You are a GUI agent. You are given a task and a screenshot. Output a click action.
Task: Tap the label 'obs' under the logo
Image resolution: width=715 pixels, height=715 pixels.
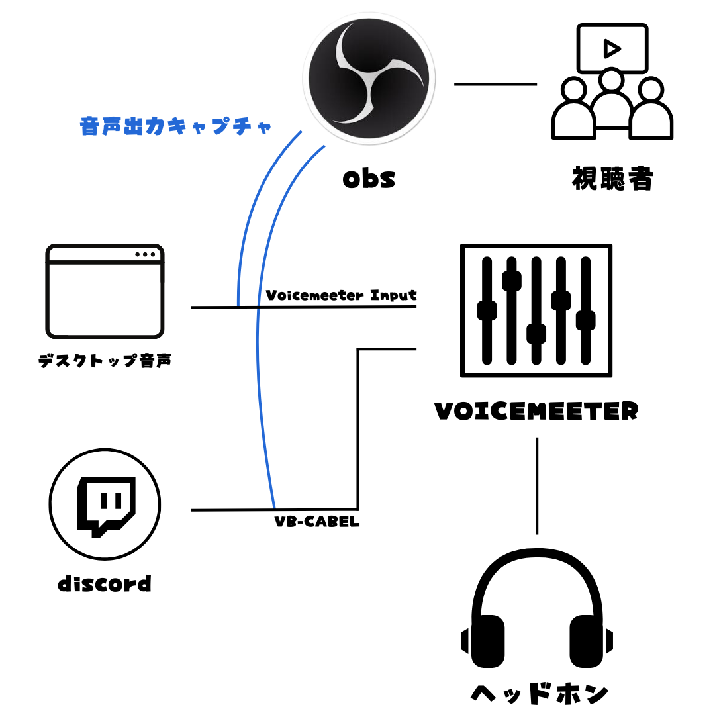[369, 179]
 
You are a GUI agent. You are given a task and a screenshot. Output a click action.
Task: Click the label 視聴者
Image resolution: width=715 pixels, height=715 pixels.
[612, 179]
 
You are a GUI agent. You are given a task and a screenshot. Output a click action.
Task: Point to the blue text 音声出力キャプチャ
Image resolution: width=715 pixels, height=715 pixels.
[175, 126]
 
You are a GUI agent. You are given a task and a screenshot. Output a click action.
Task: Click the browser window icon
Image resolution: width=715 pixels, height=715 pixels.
[105, 291]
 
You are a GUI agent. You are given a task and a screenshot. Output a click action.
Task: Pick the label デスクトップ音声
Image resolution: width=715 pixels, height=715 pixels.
[105, 361]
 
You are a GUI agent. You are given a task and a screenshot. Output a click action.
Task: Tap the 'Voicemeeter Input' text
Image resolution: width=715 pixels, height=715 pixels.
[341, 295]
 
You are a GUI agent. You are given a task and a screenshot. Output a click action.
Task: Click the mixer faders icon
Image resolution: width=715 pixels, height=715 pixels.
[536, 310]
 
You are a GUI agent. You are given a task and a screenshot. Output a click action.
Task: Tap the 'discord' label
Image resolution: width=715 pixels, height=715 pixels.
[105, 583]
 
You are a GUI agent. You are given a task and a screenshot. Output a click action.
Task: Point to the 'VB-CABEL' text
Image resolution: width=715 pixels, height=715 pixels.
[317, 522]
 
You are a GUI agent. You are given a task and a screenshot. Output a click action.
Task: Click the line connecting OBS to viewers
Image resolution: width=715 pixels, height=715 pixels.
[495, 84]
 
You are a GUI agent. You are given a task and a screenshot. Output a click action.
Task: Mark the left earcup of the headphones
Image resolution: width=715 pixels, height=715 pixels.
[488, 640]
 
